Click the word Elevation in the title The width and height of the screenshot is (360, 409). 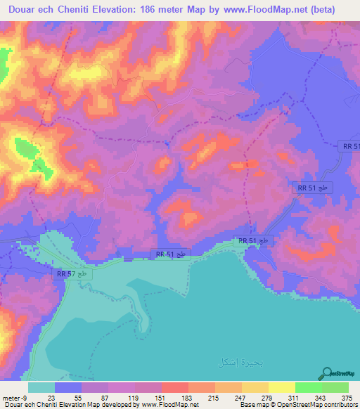(127, 10)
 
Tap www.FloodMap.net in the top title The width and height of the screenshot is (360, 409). (281, 10)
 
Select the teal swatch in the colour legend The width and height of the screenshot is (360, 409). (41, 388)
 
